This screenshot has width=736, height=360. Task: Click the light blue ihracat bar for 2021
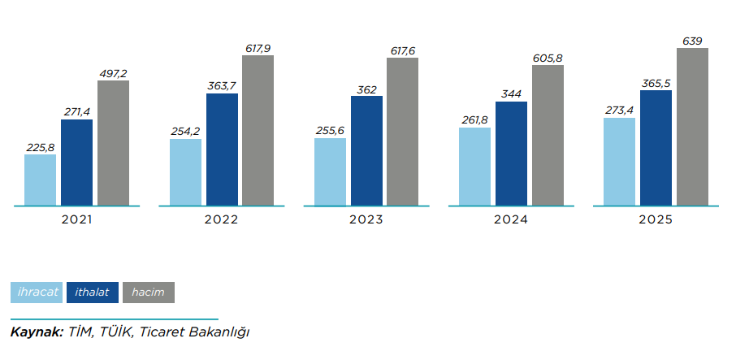(40, 180)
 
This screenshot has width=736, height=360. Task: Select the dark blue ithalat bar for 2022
(222, 150)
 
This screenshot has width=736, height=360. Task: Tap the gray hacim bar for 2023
(402, 132)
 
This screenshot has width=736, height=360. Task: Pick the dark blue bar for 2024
(511, 154)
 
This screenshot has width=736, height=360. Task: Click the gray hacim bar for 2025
(692, 127)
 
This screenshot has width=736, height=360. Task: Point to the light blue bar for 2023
(330, 171)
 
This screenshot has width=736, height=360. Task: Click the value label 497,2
(113, 73)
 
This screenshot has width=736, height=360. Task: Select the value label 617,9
(258, 48)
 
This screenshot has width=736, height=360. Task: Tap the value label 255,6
(330, 131)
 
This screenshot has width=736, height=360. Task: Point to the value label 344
(511, 94)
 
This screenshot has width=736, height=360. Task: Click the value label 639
(692, 41)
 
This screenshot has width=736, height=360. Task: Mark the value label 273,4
(619, 111)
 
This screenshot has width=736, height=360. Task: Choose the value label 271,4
(76, 112)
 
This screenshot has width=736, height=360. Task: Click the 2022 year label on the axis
(222, 220)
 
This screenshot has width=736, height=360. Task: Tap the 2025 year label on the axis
(656, 220)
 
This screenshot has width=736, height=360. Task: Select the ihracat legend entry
(36, 292)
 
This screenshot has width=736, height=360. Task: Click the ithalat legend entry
(93, 292)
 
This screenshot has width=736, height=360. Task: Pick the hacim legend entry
(148, 292)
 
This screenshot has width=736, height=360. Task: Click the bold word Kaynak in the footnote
(35, 332)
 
